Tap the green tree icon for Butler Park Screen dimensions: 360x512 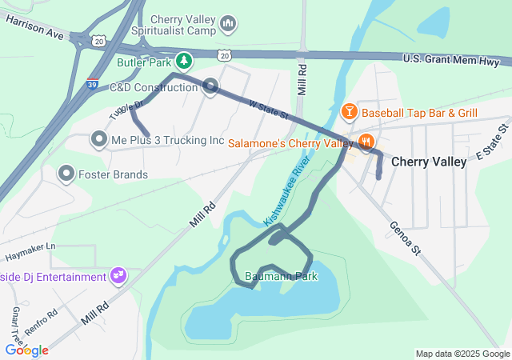(x=185, y=60)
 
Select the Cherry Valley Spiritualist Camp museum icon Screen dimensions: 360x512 (x=228, y=25)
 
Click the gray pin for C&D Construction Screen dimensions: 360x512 (x=210, y=86)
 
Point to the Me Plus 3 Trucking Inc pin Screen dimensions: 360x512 (x=99, y=140)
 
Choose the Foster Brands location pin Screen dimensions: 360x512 (x=66, y=174)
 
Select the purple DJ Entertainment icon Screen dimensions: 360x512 (x=118, y=276)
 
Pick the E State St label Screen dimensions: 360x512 (x=493, y=141)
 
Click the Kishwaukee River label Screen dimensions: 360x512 (x=286, y=192)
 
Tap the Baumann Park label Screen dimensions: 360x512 (x=281, y=277)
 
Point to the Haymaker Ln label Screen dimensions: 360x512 (x=29, y=246)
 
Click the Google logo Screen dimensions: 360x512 (x=26, y=350)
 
